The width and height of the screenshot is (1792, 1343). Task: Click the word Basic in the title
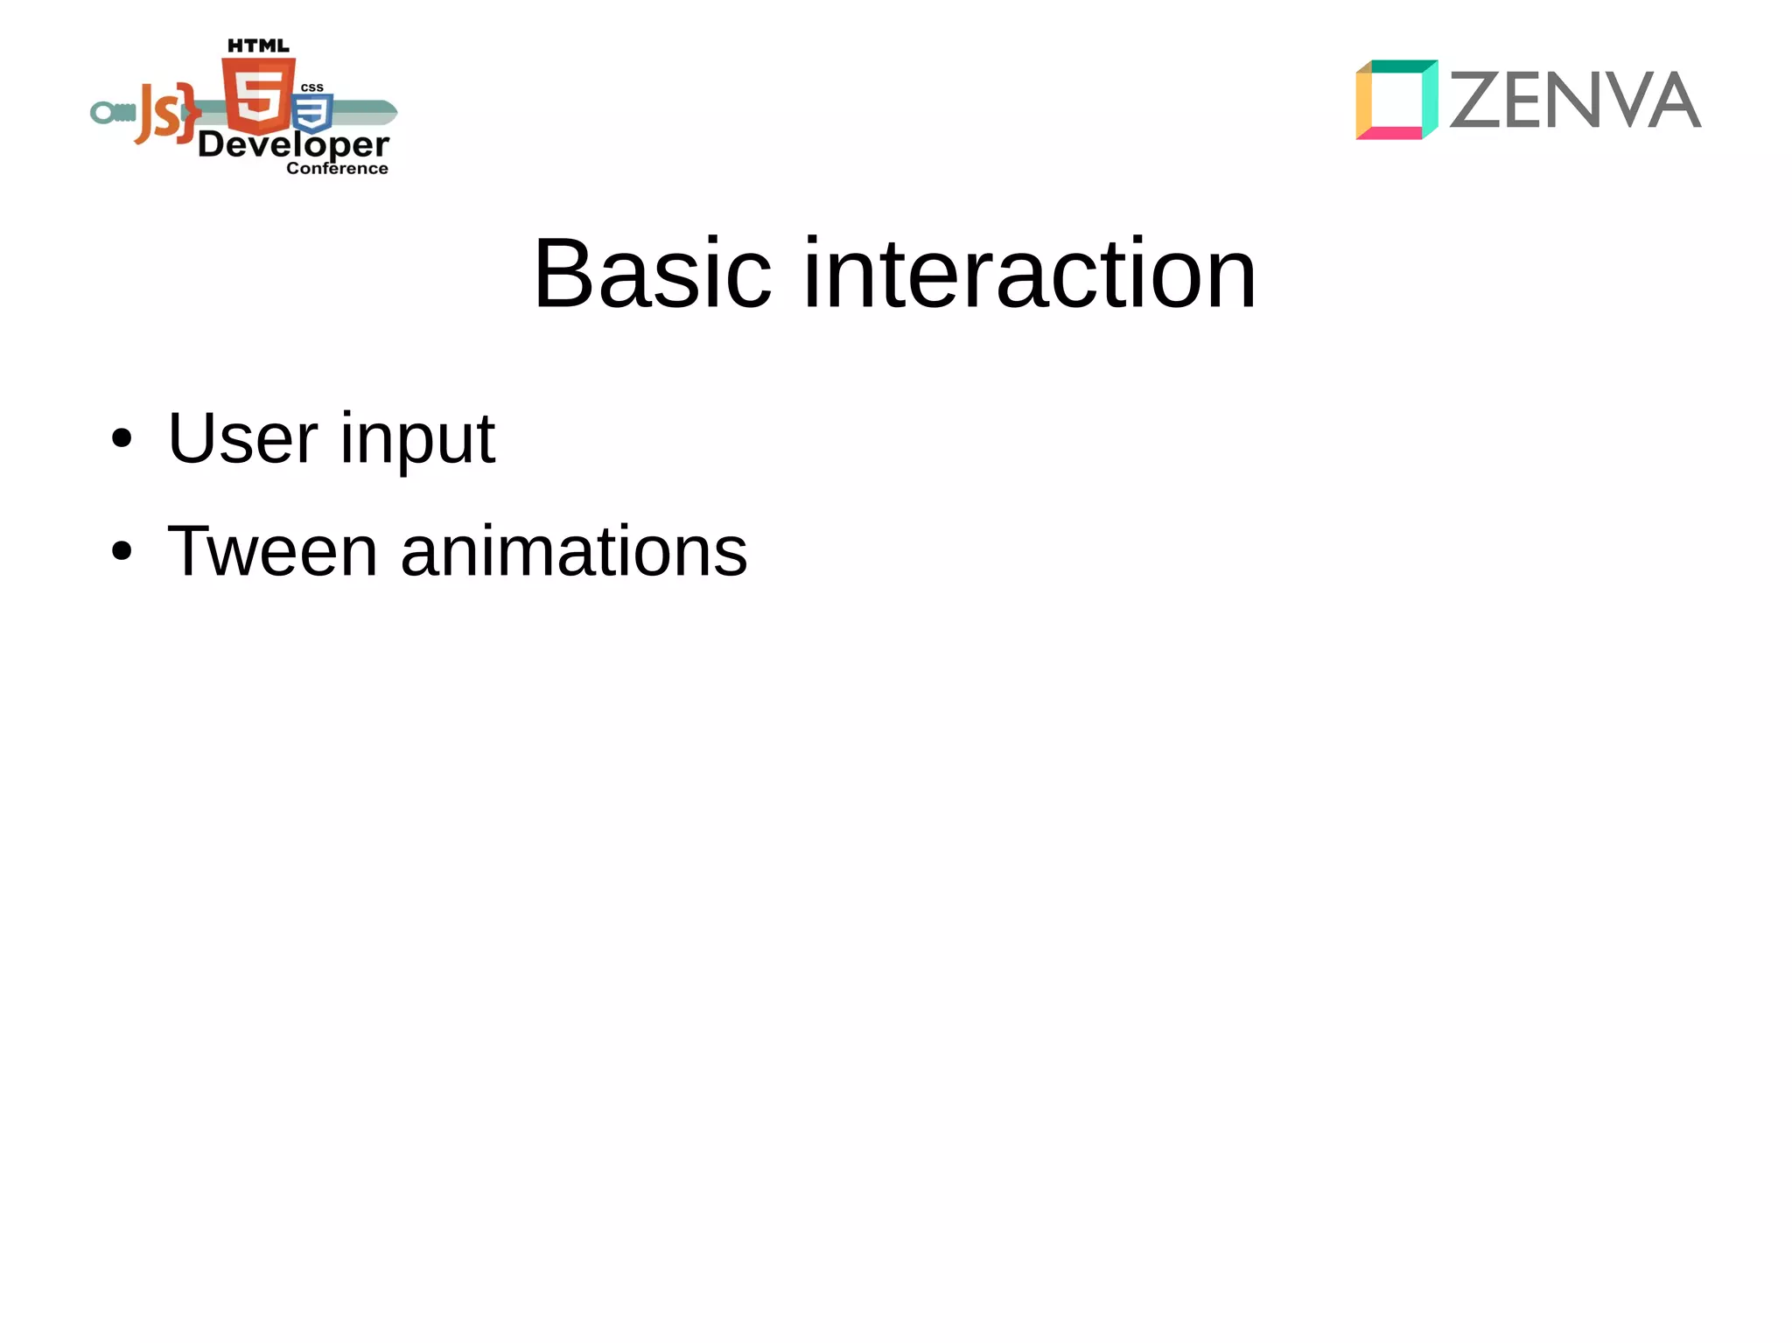click(x=652, y=275)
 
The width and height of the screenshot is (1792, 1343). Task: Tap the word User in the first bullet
click(x=242, y=438)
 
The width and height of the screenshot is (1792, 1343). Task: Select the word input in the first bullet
click(x=417, y=440)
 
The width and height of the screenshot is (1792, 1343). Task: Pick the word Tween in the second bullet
click(x=272, y=551)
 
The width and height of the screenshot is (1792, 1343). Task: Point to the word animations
click(x=573, y=551)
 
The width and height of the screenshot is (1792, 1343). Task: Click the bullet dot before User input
click(x=122, y=438)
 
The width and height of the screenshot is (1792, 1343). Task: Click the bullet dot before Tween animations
click(x=122, y=551)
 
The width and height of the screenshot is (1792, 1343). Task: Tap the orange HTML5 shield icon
click(x=258, y=95)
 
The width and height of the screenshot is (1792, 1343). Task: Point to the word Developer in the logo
click(x=293, y=145)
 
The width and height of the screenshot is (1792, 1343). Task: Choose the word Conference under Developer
click(x=337, y=168)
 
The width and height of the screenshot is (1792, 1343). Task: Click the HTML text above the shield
click(x=258, y=45)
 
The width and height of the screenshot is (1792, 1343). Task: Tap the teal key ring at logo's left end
click(x=104, y=113)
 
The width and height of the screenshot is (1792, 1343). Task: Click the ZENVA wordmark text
click(x=1575, y=101)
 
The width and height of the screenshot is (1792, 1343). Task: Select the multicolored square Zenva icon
click(x=1396, y=100)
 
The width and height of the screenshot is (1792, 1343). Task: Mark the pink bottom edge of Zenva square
click(x=1389, y=133)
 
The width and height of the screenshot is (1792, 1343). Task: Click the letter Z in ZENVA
click(x=1477, y=101)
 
